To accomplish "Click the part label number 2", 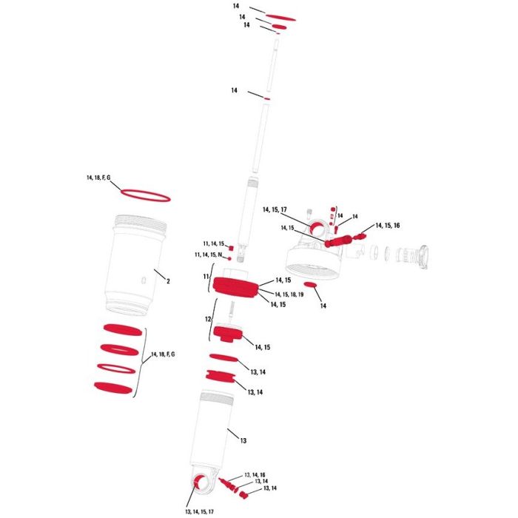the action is coord(168,281).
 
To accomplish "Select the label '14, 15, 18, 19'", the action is coord(289,295).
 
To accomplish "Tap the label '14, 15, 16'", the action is coord(388,226).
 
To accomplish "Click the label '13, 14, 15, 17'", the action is coord(200,512).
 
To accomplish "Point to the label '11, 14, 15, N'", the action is coord(209,255).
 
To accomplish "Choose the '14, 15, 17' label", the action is coord(275,209).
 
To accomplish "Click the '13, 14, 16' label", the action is coord(255,475).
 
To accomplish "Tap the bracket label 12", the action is coord(208,320).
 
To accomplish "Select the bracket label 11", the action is coord(206,277).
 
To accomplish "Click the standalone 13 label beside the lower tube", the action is coord(243,441).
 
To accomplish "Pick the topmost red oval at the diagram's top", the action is coord(280,18).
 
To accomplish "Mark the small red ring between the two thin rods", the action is coord(266,98).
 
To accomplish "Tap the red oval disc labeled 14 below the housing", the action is coord(310,285).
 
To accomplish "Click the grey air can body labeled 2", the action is coord(135,264).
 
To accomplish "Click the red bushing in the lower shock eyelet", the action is coord(199,482).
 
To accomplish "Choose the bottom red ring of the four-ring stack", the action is coord(113,388).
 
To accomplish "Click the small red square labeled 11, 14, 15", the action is coord(231,249).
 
